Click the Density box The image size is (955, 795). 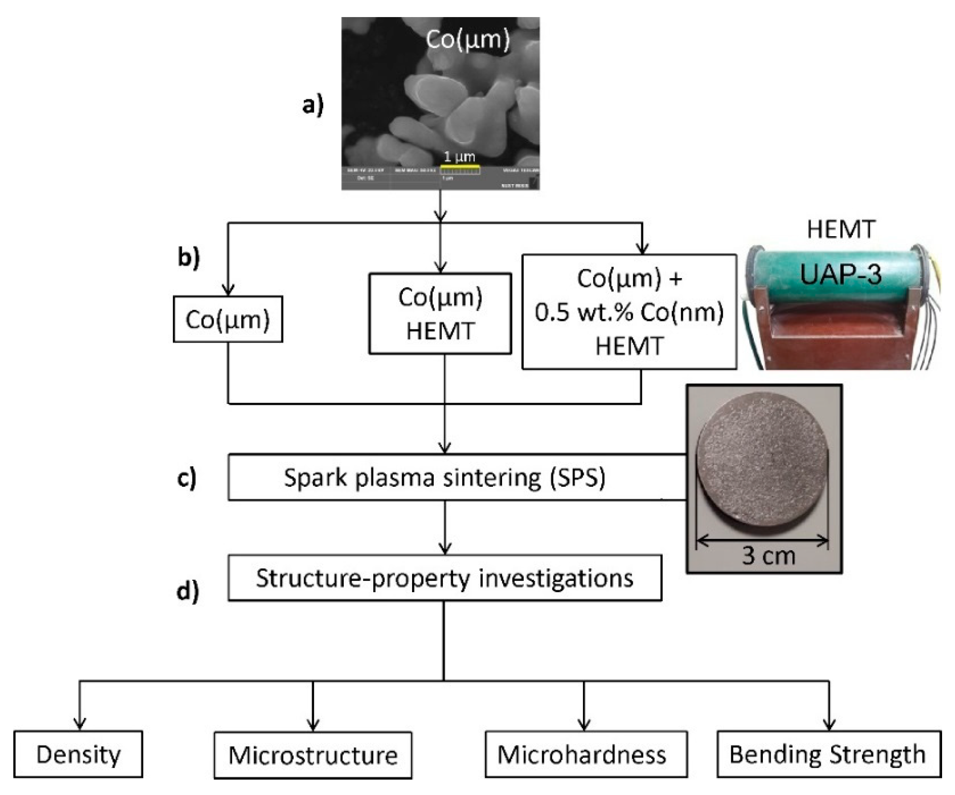point(78,755)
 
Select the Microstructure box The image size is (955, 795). point(313,755)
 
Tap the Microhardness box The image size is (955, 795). point(586,755)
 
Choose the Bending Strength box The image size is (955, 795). point(829,755)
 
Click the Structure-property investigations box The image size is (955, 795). point(444,578)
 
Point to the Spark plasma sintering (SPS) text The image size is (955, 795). point(444,478)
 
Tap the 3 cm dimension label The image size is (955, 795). point(769,556)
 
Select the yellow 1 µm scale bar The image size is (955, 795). point(460,167)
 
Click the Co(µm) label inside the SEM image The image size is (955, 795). point(467,39)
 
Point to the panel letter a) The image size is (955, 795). point(313,105)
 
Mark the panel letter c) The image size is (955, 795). point(186,478)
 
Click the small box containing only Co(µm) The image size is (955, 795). point(228,319)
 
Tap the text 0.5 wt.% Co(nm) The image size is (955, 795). point(629,312)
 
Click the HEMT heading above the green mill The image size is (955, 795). point(841,229)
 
